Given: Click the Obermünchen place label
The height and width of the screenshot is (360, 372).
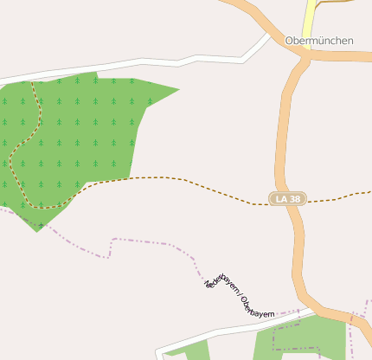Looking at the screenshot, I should (319, 40).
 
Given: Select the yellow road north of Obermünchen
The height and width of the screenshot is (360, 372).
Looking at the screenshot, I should (310, 19).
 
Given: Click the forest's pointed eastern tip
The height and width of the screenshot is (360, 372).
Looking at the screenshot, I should (177, 89).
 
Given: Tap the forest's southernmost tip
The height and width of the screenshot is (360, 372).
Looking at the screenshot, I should (37, 230).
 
